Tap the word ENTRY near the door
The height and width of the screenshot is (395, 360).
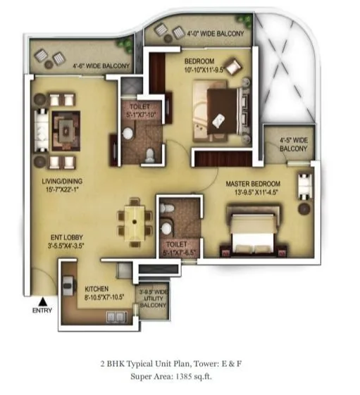pos(43,310)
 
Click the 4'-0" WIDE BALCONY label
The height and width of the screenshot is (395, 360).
pos(216,33)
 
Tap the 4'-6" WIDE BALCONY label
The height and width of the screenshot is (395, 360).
pos(101,67)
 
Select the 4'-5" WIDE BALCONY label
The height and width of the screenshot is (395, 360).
pos(294,144)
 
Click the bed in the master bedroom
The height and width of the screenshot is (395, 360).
pos(255,229)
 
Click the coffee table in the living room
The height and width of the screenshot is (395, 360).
pos(68,129)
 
